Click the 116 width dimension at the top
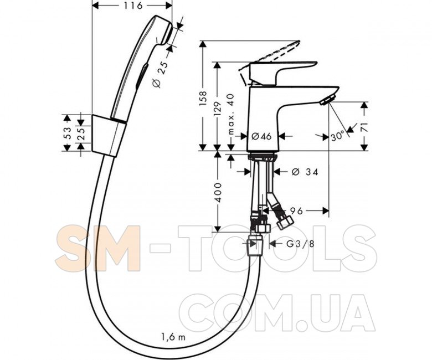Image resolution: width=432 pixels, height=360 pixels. pyautogui.click(x=133, y=5)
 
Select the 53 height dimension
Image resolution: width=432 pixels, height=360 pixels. pyautogui.click(x=68, y=133)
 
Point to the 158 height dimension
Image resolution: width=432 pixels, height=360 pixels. pyautogui.click(x=203, y=99)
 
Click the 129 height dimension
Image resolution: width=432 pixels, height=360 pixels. pyautogui.click(x=217, y=109)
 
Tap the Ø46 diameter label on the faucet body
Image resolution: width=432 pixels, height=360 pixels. pyautogui.click(x=261, y=136)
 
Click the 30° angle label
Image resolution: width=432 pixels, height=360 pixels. pyautogui.click(x=337, y=136)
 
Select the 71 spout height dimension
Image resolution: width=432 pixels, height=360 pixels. pyautogui.click(x=364, y=127)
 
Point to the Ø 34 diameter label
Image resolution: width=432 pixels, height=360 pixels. pyautogui.click(x=305, y=172)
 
